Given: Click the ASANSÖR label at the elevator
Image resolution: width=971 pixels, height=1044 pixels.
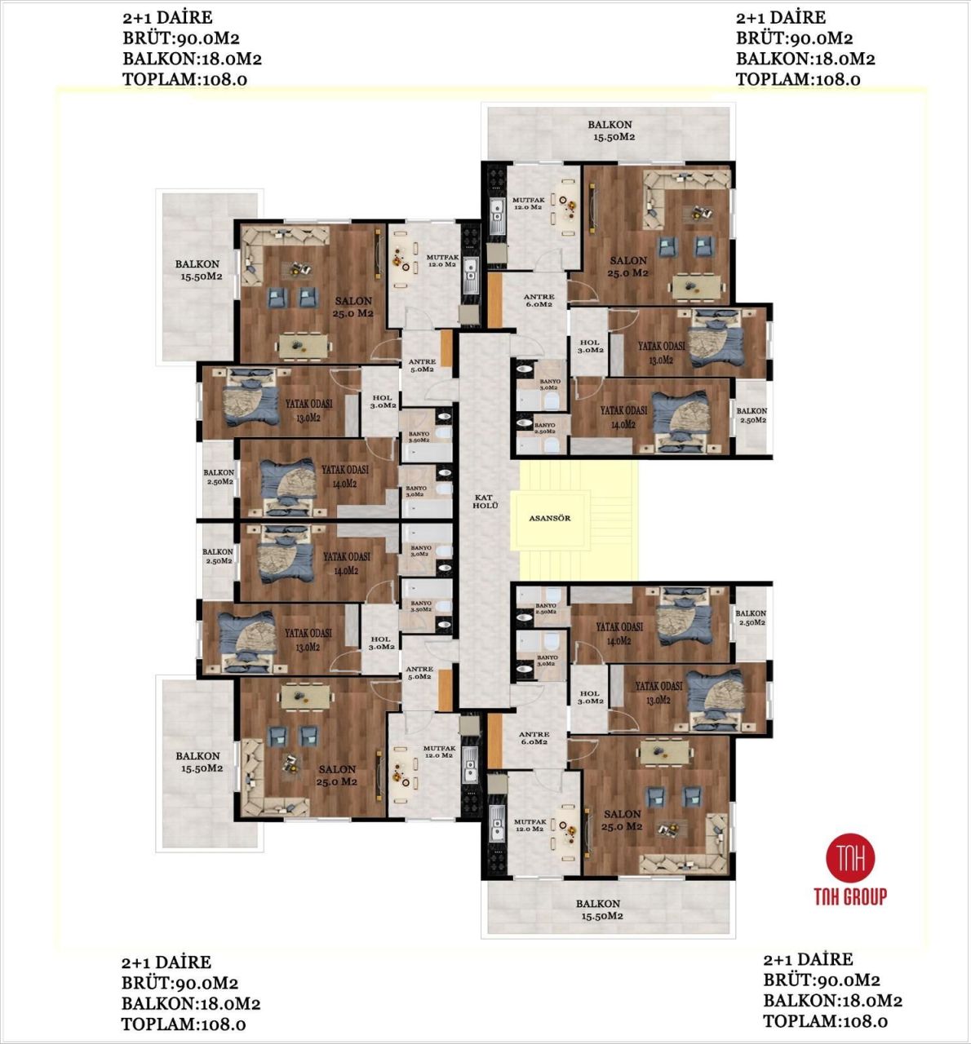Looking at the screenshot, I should click(x=549, y=518).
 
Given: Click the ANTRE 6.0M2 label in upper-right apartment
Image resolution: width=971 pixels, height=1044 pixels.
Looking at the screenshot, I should click(x=539, y=300).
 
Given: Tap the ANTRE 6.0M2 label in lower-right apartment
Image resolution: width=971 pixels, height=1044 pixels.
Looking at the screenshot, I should click(x=534, y=738).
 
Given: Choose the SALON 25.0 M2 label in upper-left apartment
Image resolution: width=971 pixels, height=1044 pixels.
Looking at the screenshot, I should click(x=352, y=307).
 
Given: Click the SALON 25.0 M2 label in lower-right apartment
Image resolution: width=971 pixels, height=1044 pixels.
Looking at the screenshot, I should click(x=623, y=820).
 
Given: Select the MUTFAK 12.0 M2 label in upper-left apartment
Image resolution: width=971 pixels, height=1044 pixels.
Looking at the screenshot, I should click(x=441, y=260).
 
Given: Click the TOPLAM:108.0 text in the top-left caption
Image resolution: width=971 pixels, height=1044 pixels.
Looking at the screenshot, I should click(x=184, y=79).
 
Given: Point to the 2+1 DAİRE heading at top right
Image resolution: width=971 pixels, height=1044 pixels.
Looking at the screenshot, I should click(x=780, y=17).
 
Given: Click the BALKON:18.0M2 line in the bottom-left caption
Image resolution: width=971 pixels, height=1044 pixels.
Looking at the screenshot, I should click(x=191, y=1003).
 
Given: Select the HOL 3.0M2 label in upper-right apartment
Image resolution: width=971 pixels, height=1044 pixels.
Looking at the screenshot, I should click(x=590, y=346).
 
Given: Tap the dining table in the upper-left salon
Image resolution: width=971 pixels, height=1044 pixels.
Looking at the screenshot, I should click(x=304, y=346).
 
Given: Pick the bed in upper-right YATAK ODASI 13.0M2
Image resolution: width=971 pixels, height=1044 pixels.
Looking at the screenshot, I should click(x=714, y=340).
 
